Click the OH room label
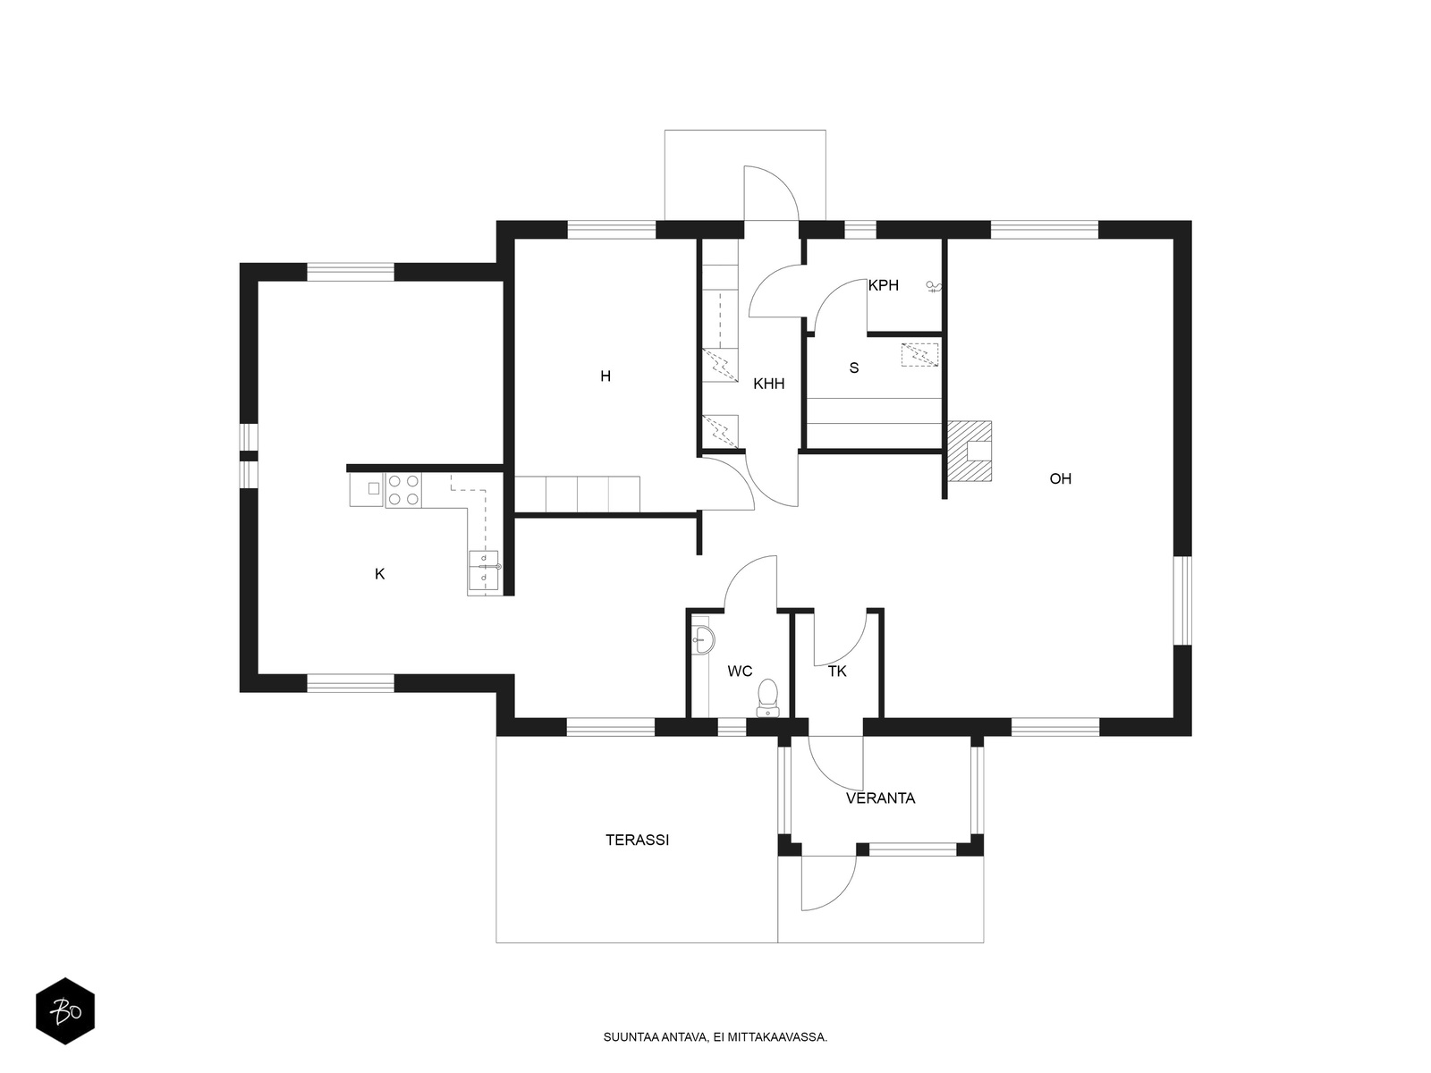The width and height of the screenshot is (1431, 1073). pos(1060,479)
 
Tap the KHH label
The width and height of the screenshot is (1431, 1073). pos(768,384)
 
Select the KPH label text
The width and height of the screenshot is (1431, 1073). pos(884,285)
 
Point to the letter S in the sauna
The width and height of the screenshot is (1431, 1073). pos(854,368)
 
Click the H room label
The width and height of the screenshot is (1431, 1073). pos(605,376)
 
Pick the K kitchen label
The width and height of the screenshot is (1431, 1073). pos(379,574)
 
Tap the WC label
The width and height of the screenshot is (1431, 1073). pos(740,671)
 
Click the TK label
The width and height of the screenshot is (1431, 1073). pos(837,671)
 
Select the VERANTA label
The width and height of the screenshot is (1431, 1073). pos(880,798)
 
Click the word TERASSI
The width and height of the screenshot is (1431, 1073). pos(637,840)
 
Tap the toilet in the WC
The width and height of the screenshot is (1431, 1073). pos(768,698)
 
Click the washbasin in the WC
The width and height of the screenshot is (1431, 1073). pos(703,639)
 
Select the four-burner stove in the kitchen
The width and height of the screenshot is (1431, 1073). pos(402,491)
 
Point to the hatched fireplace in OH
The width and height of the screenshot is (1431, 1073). pos(969,451)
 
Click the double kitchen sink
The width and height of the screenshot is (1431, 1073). pos(483,568)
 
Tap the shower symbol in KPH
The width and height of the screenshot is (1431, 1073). pos(934,286)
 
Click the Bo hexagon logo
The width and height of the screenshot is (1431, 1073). pos(65,1011)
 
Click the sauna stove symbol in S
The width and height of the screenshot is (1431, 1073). pos(919,355)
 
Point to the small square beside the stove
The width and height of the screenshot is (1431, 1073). pos(374,488)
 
